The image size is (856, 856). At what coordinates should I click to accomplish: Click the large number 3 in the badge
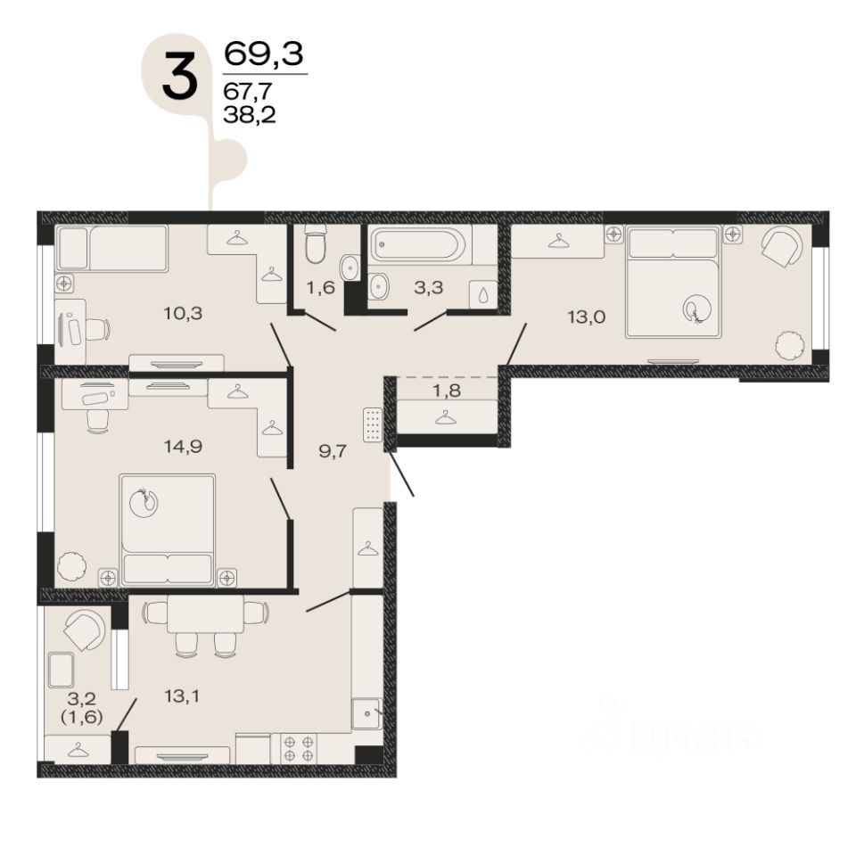(179, 78)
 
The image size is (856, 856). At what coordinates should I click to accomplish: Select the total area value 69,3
(264, 53)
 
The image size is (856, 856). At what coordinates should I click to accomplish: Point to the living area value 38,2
(250, 115)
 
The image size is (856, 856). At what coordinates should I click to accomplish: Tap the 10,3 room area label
(183, 313)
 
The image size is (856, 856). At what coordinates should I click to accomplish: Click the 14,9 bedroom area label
(183, 447)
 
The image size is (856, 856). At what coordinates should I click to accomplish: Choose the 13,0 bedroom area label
(587, 317)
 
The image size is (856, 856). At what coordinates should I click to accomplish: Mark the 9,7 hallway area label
(333, 451)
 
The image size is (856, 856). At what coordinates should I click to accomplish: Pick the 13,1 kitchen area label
(182, 696)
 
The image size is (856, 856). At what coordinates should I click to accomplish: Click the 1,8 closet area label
(447, 391)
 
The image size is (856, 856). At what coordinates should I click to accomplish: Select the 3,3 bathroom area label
(429, 287)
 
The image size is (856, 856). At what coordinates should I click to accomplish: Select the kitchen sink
(366, 713)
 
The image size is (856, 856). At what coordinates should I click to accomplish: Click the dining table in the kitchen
(205, 613)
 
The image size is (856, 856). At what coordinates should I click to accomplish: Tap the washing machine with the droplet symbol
(483, 295)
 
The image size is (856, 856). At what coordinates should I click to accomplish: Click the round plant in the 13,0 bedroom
(790, 346)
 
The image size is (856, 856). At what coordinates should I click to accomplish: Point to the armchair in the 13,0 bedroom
(781, 247)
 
